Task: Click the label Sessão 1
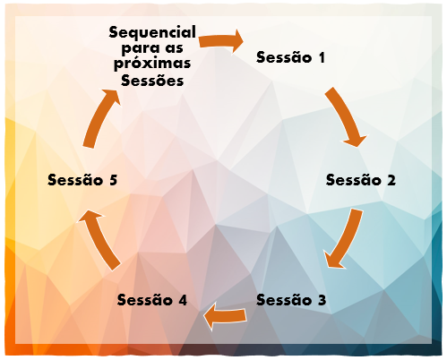click(x=290, y=57)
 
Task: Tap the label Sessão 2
click(x=361, y=180)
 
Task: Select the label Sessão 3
click(x=291, y=300)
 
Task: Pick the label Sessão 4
click(x=152, y=300)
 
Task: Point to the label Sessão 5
click(x=82, y=180)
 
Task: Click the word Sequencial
click(x=152, y=32)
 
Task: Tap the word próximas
click(x=152, y=64)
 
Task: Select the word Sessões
click(x=152, y=80)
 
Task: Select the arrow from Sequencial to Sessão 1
click(x=221, y=41)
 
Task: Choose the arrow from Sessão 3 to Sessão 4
click(x=225, y=316)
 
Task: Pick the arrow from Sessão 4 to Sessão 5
click(x=99, y=239)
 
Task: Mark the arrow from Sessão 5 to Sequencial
click(x=100, y=118)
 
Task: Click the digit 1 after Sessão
click(x=322, y=57)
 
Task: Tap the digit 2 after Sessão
click(x=391, y=180)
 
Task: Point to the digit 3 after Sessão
click(x=322, y=300)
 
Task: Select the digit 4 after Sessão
click(x=183, y=300)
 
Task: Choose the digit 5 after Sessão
click(x=113, y=180)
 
